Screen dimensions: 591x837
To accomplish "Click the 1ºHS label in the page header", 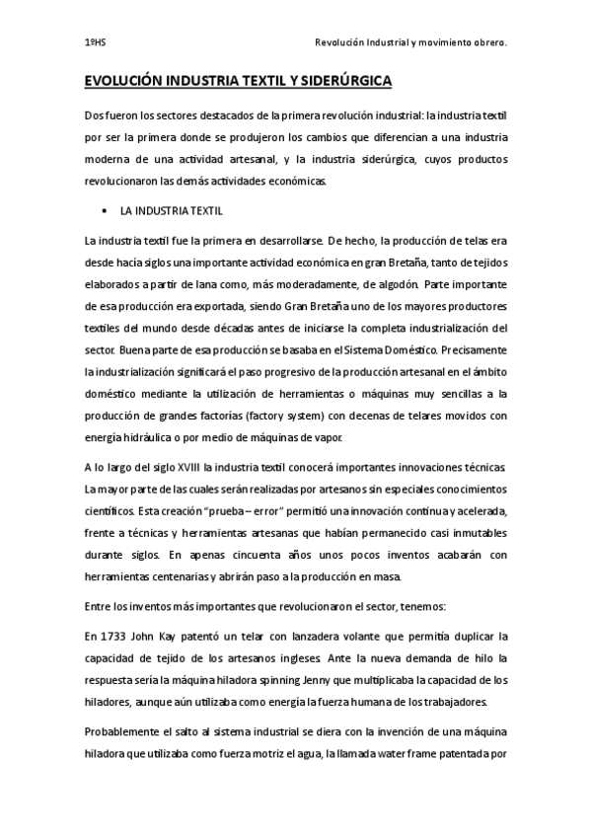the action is (x=94, y=43).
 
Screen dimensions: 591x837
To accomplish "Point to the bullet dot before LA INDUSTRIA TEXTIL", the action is (x=104, y=211).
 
